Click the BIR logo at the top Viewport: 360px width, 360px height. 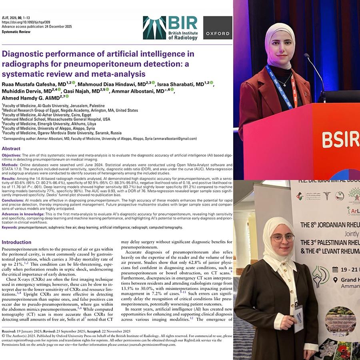(x=170, y=28)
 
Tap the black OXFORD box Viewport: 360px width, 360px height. (x=218, y=28)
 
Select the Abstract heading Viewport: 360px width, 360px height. (x=11, y=148)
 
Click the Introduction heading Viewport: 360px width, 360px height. (x=16, y=242)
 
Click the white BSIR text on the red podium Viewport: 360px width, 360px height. (x=340, y=140)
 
